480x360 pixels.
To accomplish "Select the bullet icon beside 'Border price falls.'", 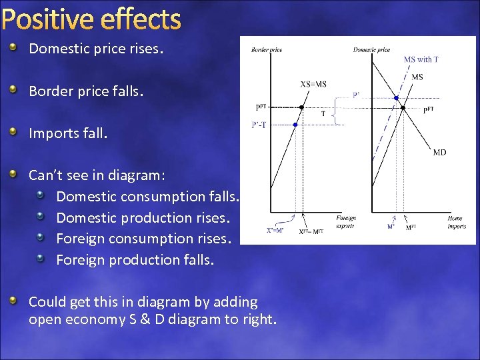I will coord(14,90).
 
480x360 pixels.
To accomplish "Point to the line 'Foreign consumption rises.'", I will coord(143,239).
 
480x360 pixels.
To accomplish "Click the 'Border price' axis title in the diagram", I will coord(267,50).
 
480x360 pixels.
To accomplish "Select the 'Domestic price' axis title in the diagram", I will coord(371,50).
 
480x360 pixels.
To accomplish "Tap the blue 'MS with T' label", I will coord(421,59).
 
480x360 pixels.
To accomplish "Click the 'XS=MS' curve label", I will coord(313,84).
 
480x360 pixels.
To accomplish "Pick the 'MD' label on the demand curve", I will coord(439,153).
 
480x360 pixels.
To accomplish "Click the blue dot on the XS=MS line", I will coord(296,125).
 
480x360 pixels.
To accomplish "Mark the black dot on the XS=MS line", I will coord(301,107).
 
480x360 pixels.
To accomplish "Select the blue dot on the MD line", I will coord(396,98).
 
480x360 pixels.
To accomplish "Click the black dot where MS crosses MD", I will coord(403,107).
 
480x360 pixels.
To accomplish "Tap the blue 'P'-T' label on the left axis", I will coord(259,125).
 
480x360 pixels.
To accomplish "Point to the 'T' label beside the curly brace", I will coord(323,113).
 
